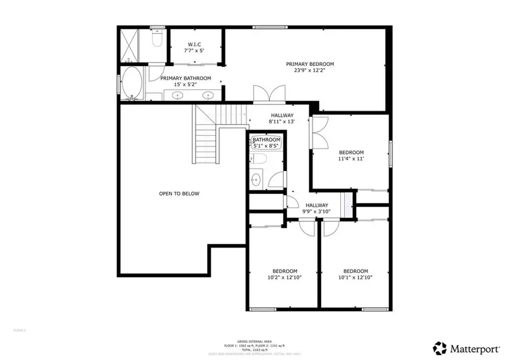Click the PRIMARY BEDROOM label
click(x=309, y=64)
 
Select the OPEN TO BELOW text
click(x=179, y=194)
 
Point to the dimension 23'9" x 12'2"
click(x=309, y=71)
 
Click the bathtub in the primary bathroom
click(x=133, y=83)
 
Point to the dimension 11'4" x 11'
click(x=351, y=159)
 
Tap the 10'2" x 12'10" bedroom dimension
click(x=284, y=277)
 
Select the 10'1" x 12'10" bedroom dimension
click(x=355, y=277)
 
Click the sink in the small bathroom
click(x=256, y=180)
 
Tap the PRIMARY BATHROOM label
click(x=186, y=78)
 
